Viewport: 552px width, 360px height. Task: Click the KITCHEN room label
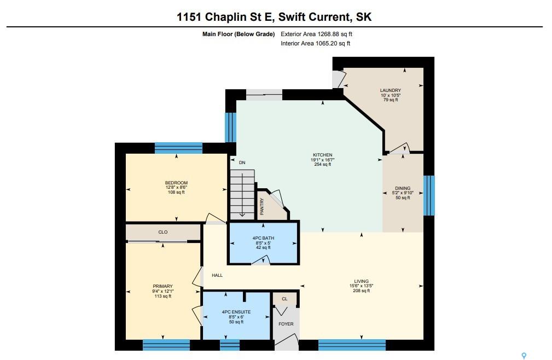[x=323, y=155]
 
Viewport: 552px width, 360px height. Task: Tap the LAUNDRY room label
[x=391, y=90]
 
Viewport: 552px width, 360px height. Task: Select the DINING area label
[x=403, y=188]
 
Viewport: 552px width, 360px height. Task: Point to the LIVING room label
[x=361, y=281]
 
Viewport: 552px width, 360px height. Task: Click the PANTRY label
[x=262, y=207]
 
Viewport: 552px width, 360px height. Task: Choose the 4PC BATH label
[x=263, y=238]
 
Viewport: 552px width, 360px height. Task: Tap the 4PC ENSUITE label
[x=236, y=312]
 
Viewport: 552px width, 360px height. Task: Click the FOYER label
[x=286, y=324]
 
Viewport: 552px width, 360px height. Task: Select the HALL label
[x=217, y=275]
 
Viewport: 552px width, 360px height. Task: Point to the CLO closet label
[x=163, y=233]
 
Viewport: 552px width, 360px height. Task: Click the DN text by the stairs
[x=242, y=162]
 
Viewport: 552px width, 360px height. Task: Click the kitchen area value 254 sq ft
[x=323, y=164]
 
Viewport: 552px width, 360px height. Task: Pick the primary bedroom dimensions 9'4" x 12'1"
[x=163, y=291]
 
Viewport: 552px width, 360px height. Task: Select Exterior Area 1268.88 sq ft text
[x=317, y=34]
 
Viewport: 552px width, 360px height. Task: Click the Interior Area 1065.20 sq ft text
[x=316, y=43]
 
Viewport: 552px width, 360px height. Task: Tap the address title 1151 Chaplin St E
[x=225, y=16]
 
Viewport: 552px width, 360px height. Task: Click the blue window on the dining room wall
[x=429, y=195]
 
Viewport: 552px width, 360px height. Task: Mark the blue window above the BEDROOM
[x=178, y=148]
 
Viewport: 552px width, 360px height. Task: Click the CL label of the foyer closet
[x=285, y=299]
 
